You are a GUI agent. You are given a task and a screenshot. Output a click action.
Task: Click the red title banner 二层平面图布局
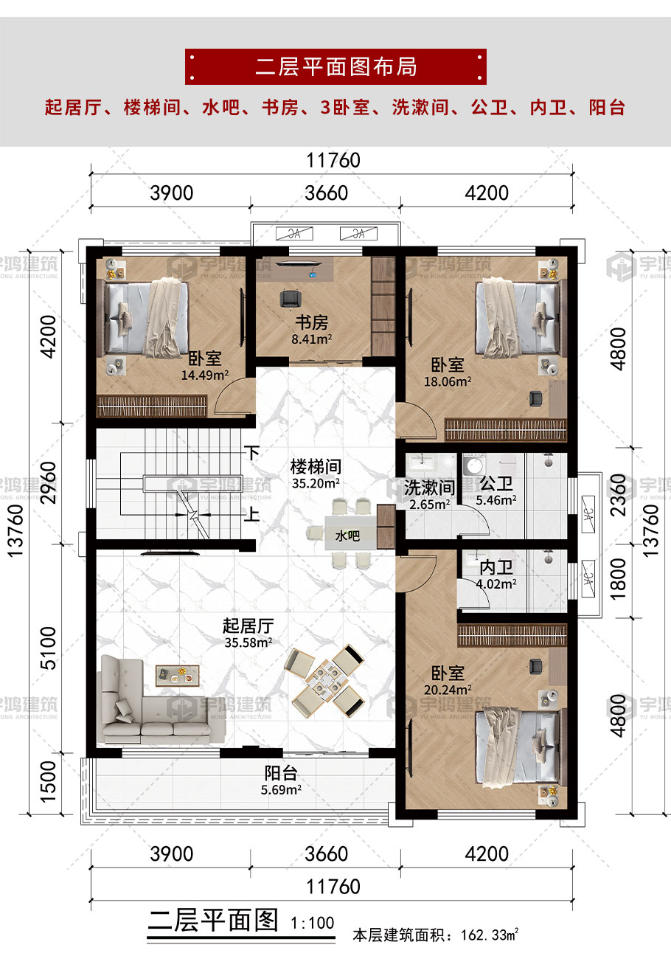coord(335,66)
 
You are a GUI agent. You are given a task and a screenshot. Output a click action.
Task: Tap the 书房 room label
coord(312,322)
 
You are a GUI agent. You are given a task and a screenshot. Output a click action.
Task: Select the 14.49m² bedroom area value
coord(205,375)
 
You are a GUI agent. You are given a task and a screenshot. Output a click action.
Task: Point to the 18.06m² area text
coord(448,381)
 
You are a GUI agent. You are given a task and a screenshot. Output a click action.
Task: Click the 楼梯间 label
coord(316,466)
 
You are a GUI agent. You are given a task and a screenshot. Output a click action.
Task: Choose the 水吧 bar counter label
coord(347,536)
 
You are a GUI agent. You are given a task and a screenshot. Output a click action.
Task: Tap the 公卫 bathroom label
coord(496,484)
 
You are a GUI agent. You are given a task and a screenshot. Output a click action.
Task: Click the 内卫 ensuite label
coord(496,567)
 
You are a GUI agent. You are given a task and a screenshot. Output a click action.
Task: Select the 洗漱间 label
coord(430,488)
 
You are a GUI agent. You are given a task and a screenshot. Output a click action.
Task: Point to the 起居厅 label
coord(248,626)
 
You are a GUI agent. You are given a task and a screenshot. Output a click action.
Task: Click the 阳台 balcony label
coord(281,773)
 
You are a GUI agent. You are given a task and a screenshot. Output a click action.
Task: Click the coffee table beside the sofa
coord(177,676)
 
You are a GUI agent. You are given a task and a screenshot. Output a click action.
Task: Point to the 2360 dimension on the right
coord(619,496)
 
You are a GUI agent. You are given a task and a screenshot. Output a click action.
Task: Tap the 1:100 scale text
coord(313,923)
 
